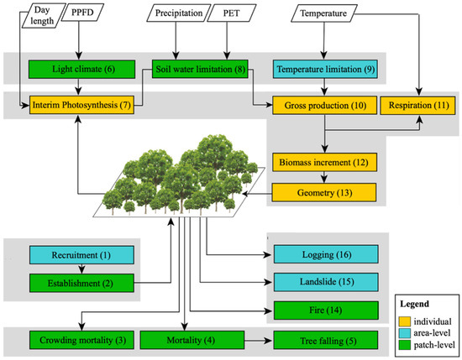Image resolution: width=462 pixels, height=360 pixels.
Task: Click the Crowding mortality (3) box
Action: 71,342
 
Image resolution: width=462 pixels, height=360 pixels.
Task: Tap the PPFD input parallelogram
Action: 81,13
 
